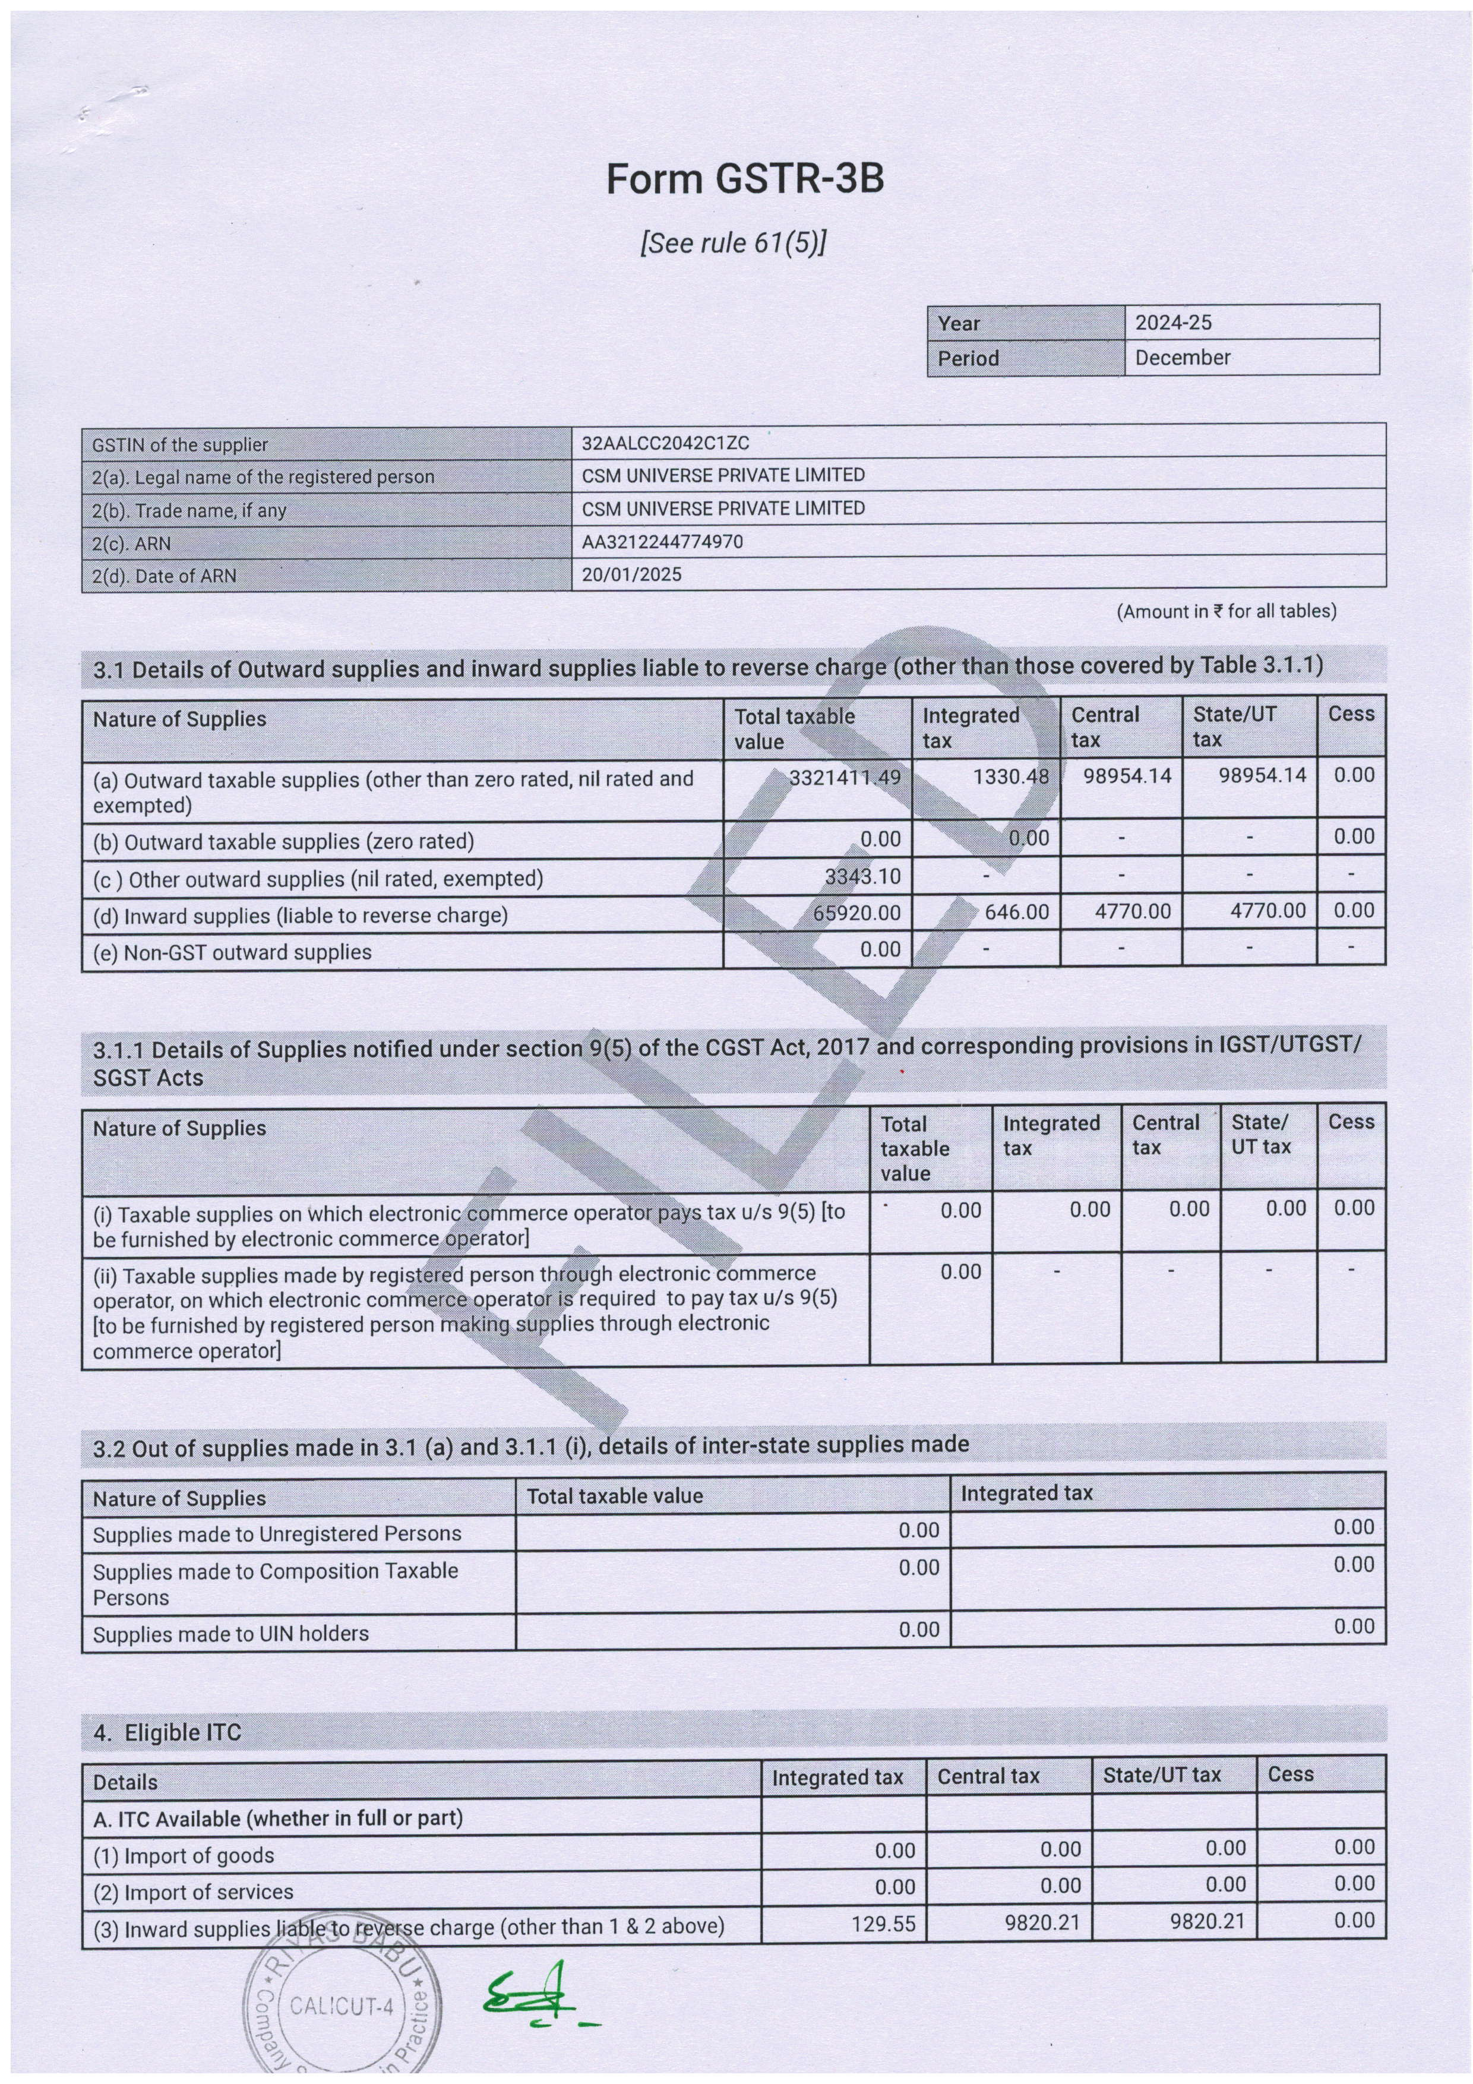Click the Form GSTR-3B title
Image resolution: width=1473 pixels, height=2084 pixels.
(744, 180)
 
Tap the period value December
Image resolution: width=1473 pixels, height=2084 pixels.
(1182, 358)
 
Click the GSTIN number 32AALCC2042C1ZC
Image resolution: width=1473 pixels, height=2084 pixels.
(665, 444)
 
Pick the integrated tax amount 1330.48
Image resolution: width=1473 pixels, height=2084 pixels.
(1010, 777)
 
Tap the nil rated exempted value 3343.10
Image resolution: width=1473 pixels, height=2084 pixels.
(862, 877)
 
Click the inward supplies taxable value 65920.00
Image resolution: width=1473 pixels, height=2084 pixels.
(856, 912)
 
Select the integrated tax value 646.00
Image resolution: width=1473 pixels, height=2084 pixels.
(1016, 911)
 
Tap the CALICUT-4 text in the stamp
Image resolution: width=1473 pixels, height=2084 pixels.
(342, 2005)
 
